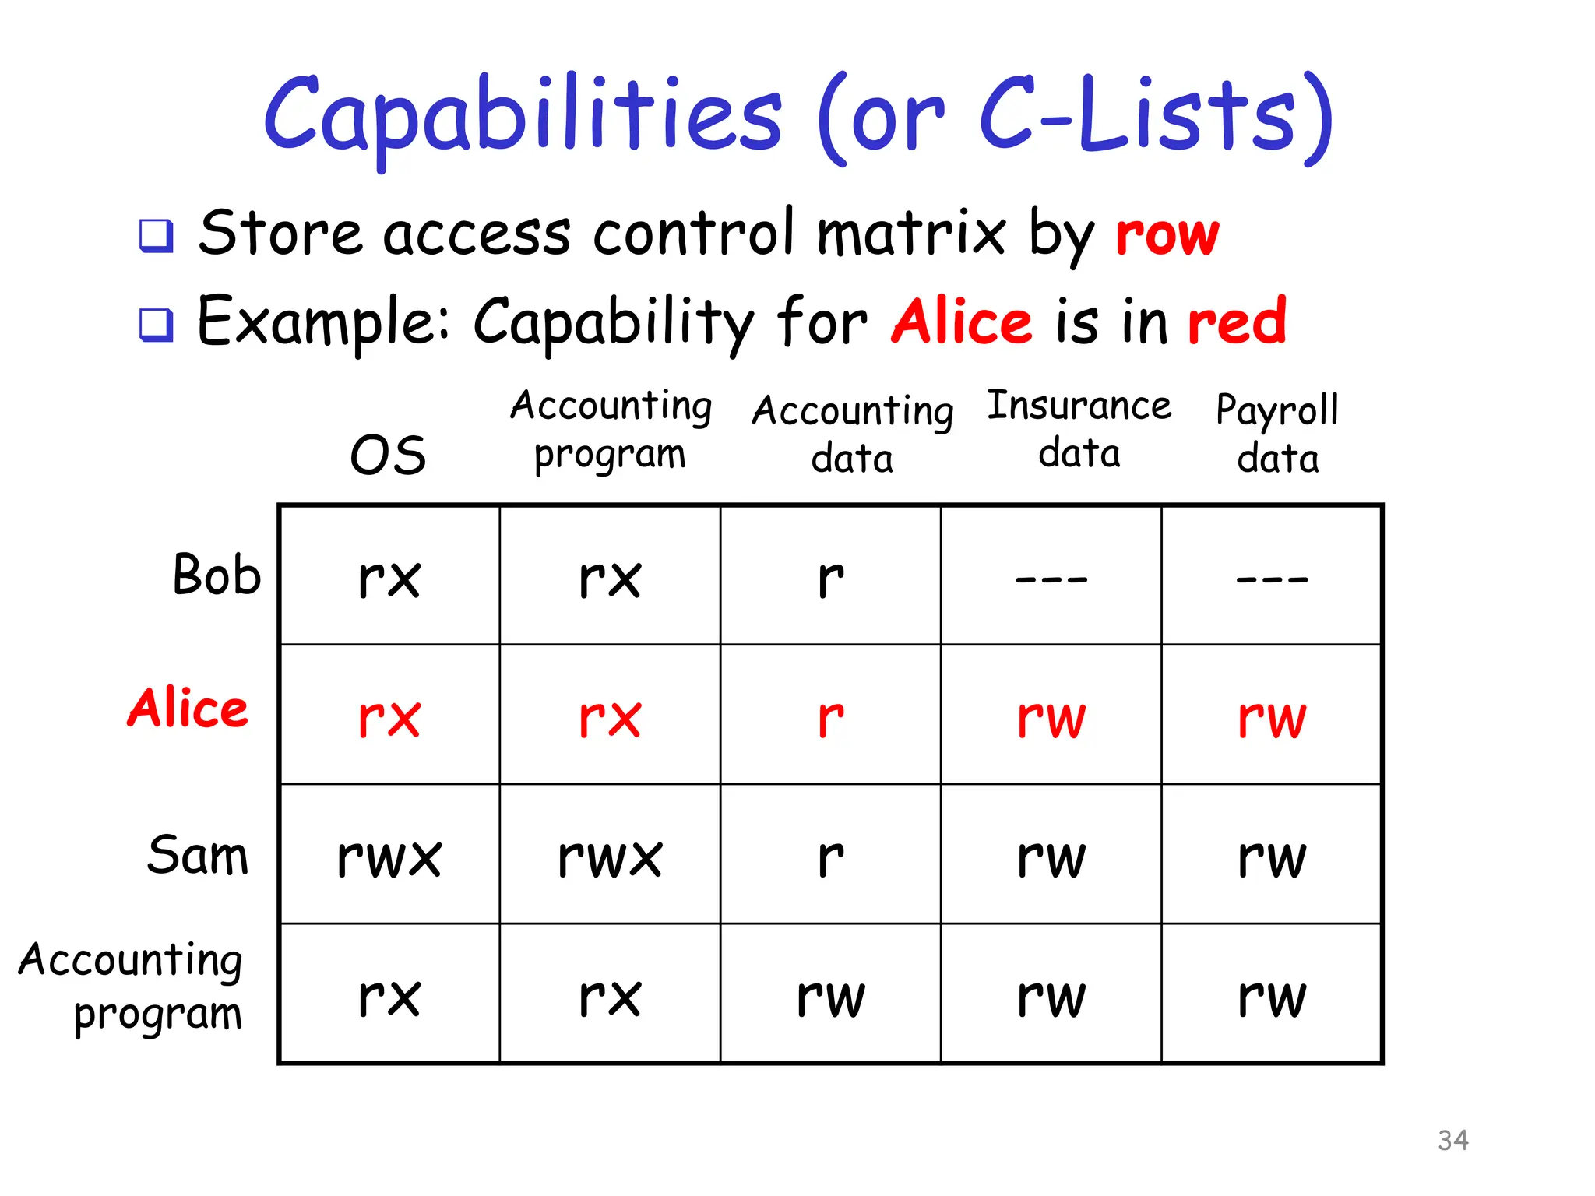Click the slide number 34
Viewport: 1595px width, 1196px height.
tap(1452, 1140)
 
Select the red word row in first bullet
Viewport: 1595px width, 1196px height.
tap(1167, 234)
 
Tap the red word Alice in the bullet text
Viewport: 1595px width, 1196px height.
tap(962, 321)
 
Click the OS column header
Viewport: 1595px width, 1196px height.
tap(388, 456)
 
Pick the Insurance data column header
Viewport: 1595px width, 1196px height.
tap(1079, 429)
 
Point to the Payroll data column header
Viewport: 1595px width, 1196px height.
tap(1277, 433)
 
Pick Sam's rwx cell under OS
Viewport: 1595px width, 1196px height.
tap(389, 857)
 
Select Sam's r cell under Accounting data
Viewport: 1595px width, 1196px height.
tap(830, 857)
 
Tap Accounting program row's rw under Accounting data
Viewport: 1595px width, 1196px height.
tap(830, 997)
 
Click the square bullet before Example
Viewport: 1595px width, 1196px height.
tap(156, 324)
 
